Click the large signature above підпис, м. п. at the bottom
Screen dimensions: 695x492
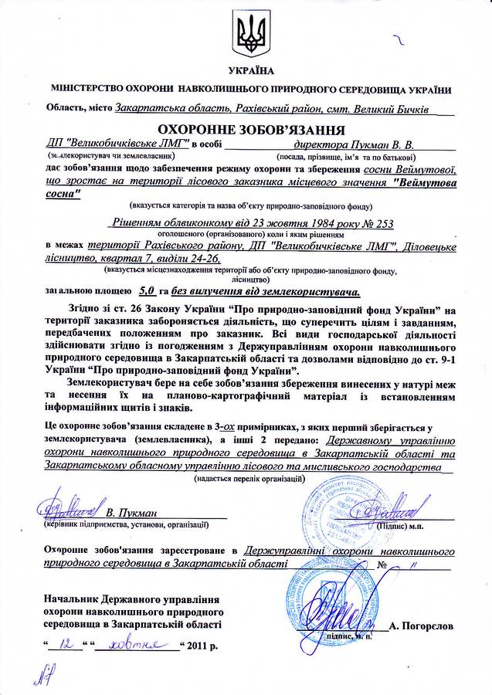tap(339, 617)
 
